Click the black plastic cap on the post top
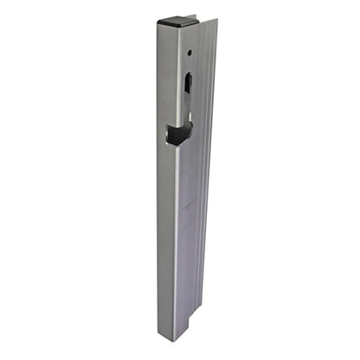coord(177,20)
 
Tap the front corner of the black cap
coord(183,26)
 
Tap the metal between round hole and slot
coord(188,64)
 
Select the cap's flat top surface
coord(177,18)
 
